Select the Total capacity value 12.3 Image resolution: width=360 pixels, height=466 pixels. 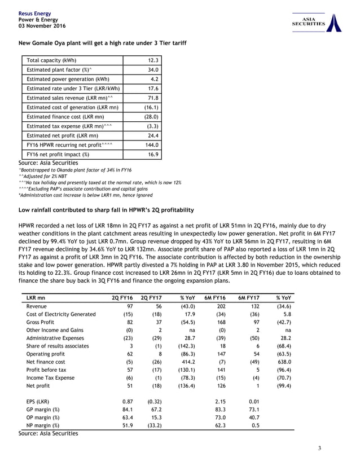[x=153, y=60]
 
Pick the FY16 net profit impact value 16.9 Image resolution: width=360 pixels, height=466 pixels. [x=153, y=154]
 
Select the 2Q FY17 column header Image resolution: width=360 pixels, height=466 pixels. [x=152, y=297]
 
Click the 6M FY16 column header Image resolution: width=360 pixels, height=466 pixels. [x=216, y=297]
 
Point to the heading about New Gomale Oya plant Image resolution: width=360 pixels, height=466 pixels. [x=103, y=43]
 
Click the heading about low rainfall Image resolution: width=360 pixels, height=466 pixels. [x=107, y=210]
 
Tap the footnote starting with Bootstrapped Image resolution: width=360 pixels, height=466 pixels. [x=75, y=170]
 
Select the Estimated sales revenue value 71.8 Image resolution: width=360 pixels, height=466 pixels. [x=153, y=98]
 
